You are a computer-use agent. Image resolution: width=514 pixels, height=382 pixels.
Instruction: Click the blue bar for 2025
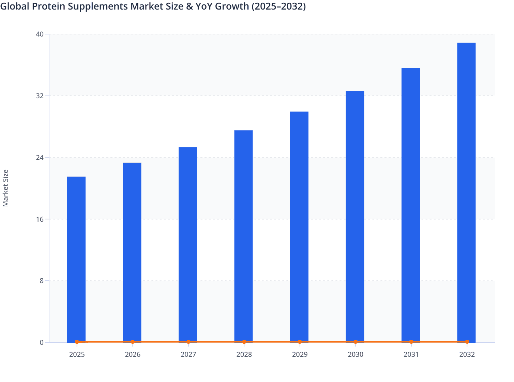coord(76,259)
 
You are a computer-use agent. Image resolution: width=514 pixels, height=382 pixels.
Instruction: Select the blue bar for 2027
coord(188,245)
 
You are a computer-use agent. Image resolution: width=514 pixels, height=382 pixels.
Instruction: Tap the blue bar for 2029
coord(299,227)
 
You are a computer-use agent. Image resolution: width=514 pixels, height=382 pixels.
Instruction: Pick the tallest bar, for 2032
coord(466,192)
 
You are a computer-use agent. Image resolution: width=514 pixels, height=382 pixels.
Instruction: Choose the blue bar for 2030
coord(355,217)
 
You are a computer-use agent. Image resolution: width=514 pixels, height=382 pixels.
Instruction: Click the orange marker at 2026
coord(133,342)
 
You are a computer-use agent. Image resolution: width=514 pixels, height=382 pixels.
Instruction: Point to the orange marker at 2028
coord(244,342)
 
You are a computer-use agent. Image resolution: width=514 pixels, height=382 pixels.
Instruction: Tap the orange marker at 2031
coord(411,342)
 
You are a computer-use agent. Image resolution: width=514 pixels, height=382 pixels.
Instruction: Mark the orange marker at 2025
coord(77,342)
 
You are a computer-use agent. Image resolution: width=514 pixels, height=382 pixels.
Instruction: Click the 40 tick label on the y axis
coord(40,34)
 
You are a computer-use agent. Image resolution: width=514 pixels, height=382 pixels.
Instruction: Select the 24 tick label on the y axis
coord(40,158)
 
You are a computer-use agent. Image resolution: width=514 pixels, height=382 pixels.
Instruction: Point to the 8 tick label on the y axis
coord(41,281)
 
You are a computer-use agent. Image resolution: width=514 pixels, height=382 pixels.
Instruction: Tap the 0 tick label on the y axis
coord(42,342)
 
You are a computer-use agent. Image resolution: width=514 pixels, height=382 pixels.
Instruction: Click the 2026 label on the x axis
coord(133,355)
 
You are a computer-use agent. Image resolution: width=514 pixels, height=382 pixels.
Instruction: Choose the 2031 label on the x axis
coord(411,355)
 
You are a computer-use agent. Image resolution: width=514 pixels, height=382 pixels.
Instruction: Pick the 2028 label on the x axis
coord(244,355)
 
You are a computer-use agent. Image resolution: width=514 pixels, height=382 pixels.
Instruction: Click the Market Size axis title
coord(5,188)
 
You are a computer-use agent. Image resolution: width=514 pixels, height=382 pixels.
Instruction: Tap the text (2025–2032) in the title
coord(278,6)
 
